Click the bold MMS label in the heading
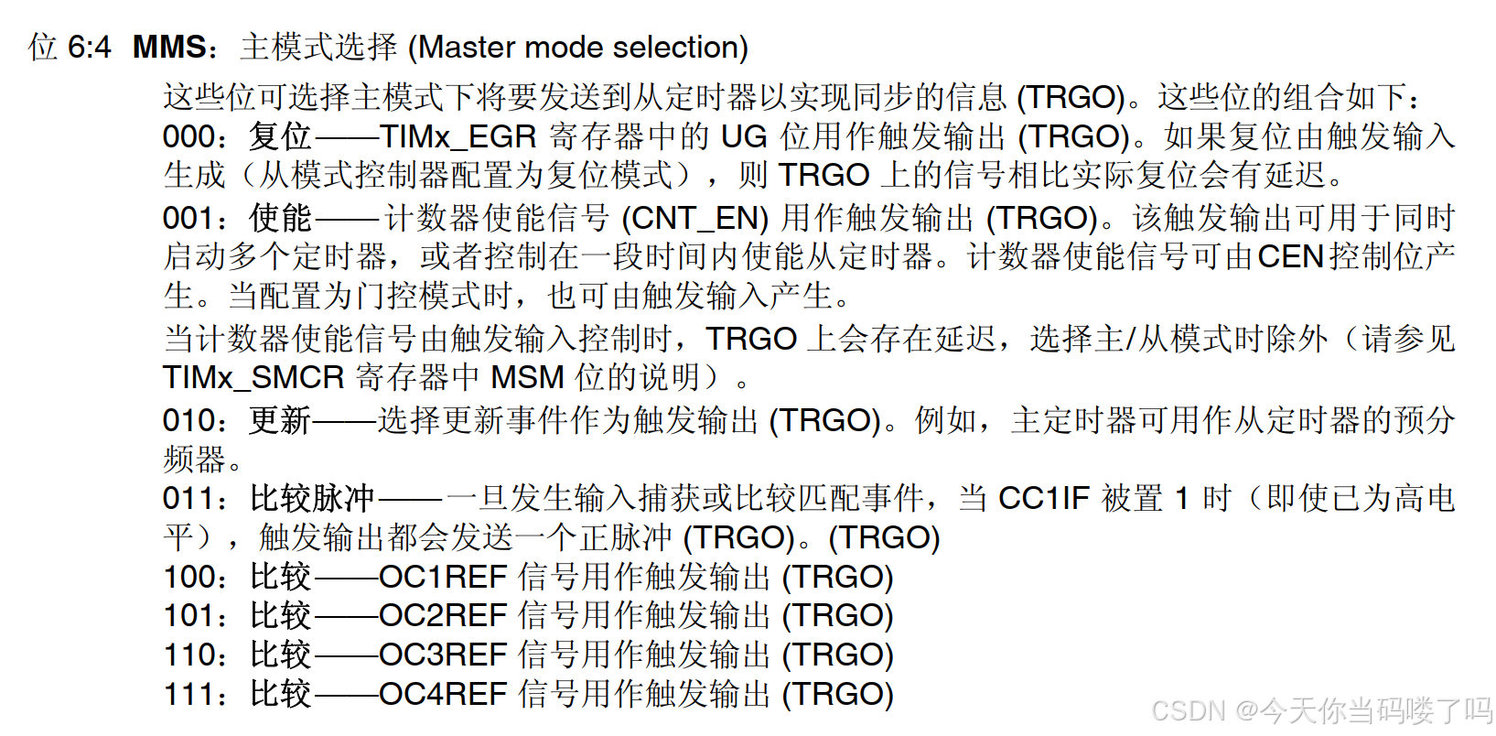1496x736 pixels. (x=170, y=47)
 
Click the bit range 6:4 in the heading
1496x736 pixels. (x=90, y=47)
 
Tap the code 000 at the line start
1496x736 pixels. (x=188, y=136)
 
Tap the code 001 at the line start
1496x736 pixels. (x=188, y=218)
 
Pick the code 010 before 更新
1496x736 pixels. (x=188, y=420)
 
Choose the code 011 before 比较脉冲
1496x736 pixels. (x=188, y=498)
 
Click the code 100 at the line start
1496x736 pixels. (x=188, y=577)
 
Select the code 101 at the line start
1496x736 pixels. (x=188, y=615)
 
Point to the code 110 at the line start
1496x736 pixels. (x=188, y=655)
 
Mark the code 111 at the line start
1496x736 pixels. (x=188, y=694)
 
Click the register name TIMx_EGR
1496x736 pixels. (x=457, y=136)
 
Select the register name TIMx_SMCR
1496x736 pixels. (x=253, y=377)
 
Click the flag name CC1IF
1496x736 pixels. (x=1043, y=498)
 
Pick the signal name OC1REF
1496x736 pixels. (x=443, y=577)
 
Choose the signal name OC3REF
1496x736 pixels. (x=443, y=655)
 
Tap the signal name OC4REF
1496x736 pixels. (x=443, y=694)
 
